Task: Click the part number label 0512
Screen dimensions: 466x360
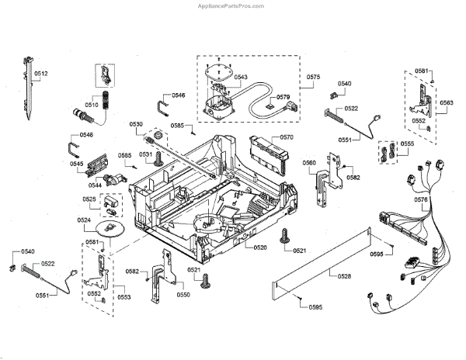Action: (x=40, y=74)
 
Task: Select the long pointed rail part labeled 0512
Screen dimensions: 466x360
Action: (x=28, y=88)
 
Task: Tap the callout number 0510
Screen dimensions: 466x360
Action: (x=92, y=105)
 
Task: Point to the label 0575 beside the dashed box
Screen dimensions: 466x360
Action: (x=314, y=77)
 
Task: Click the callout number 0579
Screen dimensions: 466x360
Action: (x=283, y=97)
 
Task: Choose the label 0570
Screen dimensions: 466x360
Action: (x=287, y=137)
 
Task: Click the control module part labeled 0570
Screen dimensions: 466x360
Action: (x=270, y=155)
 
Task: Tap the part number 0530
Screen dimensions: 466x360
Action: (x=136, y=124)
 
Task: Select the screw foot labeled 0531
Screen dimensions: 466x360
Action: (x=158, y=158)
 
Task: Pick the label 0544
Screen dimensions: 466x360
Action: (x=95, y=185)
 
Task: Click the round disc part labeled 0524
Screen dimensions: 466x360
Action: (x=110, y=229)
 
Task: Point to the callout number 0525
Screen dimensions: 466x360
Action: (x=89, y=199)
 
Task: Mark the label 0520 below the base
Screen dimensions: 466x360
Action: (x=260, y=247)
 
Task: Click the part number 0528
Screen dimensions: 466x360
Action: (x=344, y=276)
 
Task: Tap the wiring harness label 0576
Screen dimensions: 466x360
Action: (x=421, y=199)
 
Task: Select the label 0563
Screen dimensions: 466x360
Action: (x=447, y=102)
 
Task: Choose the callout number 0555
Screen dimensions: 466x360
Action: (x=407, y=144)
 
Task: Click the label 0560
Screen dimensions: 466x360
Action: (x=309, y=163)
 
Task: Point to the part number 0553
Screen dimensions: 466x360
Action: (x=124, y=297)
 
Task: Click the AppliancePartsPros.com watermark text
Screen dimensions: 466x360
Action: (x=231, y=6)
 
